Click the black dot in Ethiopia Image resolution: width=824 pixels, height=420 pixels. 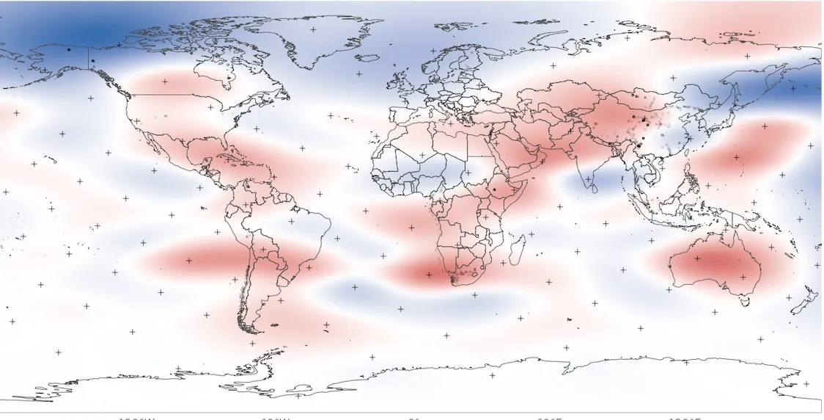(494, 189)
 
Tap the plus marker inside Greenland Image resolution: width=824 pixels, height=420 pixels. (312, 30)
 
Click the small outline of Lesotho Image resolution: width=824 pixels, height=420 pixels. (464, 275)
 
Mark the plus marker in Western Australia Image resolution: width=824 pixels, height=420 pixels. (696, 258)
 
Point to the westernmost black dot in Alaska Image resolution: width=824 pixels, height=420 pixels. (67, 49)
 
